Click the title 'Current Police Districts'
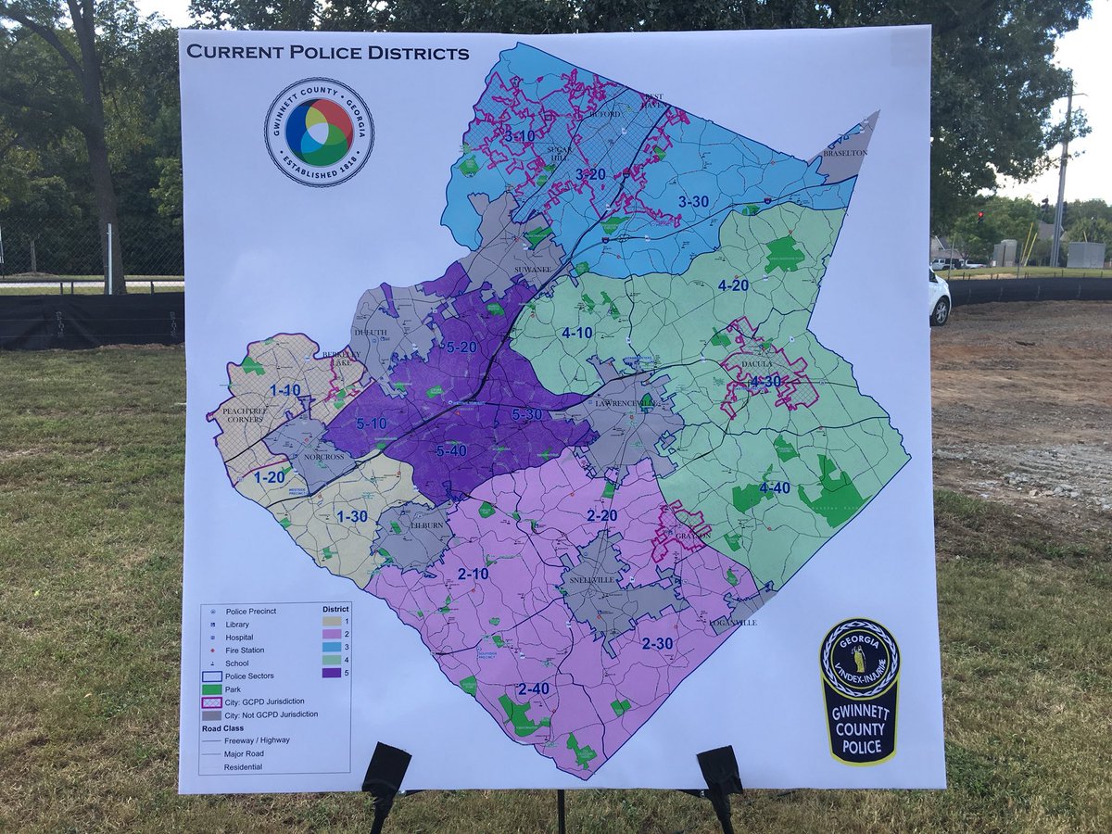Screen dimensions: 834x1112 click(x=328, y=52)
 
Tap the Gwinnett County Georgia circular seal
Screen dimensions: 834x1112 click(x=320, y=132)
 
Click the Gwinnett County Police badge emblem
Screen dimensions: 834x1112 click(x=860, y=690)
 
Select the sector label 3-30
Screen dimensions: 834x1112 click(x=693, y=201)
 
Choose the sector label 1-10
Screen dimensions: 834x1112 click(x=285, y=390)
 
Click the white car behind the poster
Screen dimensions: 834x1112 click(x=938, y=297)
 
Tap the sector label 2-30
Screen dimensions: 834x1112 click(x=657, y=643)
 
